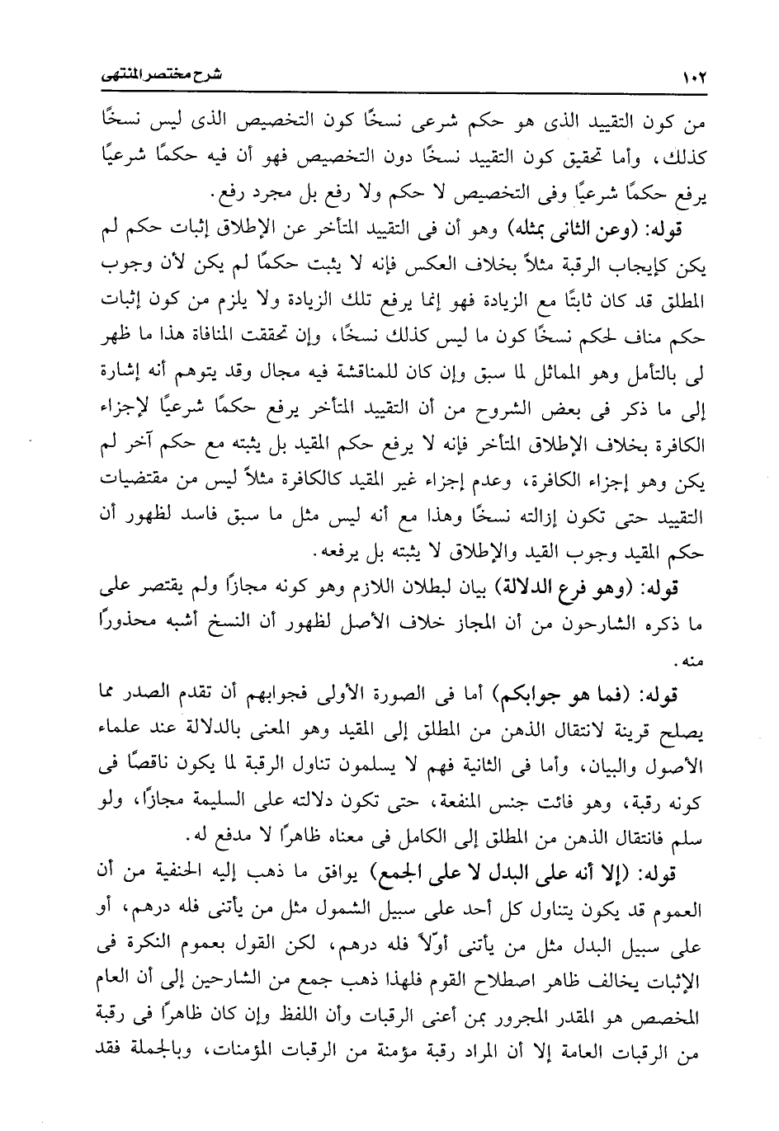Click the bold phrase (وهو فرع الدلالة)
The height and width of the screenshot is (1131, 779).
click(566, 588)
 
